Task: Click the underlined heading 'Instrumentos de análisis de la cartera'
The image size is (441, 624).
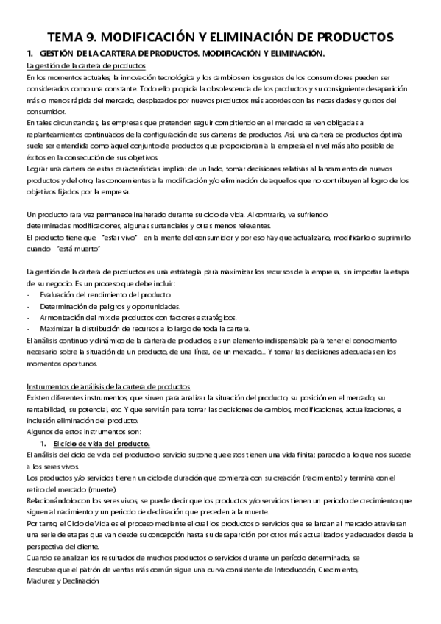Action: (107, 386)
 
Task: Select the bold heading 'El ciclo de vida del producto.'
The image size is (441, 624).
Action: (96, 444)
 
